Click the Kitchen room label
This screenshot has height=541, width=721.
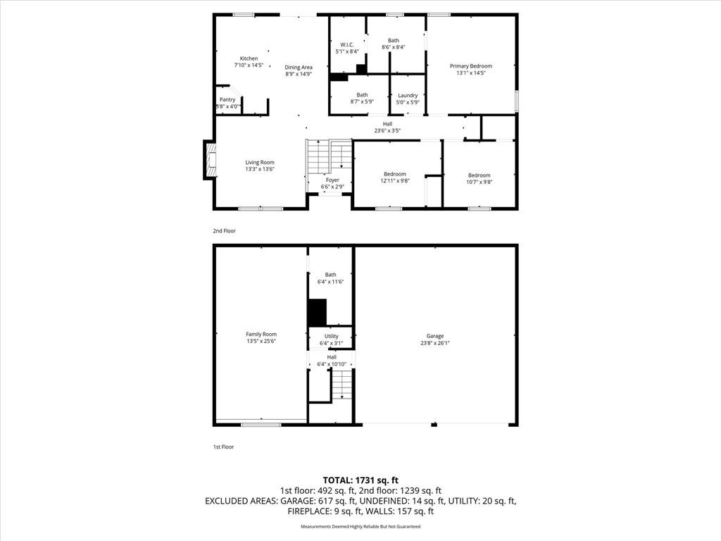click(249, 58)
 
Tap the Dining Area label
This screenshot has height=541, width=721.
click(299, 68)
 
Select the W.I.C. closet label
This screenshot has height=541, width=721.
click(346, 45)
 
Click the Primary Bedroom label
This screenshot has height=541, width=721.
click(471, 66)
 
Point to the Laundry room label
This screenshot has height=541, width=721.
click(408, 96)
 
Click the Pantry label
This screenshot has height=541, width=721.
click(227, 100)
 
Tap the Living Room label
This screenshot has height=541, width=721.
click(260, 163)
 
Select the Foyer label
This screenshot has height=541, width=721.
click(332, 180)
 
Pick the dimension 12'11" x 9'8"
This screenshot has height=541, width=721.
click(395, 181)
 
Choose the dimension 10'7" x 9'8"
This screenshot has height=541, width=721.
click(479, 182)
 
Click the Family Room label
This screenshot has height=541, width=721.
click(261, 335)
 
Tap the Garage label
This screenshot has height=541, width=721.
click(434, 337)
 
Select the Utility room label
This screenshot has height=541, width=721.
click(332, 337)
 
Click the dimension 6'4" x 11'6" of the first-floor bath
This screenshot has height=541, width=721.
click(330, 282)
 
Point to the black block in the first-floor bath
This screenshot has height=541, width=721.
click(318, 311)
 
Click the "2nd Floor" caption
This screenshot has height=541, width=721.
click(224, 230)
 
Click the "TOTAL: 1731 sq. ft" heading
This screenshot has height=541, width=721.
click(360, 480)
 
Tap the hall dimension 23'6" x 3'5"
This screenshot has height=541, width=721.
click(388, 130)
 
